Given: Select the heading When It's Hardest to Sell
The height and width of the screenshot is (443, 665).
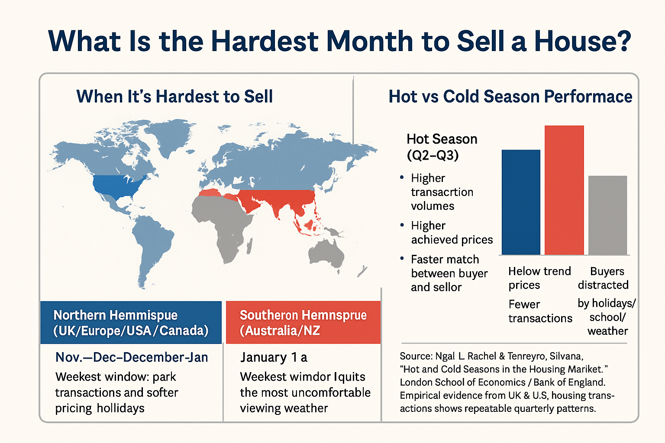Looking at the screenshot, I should [x=174, y=96].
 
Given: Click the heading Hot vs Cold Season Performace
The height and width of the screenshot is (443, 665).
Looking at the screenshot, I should [x=510, y=96].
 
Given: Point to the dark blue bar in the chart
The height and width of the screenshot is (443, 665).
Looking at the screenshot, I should [x=521, y=202].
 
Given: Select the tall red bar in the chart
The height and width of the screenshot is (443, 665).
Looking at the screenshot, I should [x=564, y=190].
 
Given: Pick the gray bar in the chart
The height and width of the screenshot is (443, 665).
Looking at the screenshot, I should [x=607, y=215].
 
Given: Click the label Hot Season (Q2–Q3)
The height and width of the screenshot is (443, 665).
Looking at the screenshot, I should [x=442, y=147].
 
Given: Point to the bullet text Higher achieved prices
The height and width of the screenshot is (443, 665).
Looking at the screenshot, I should [x=452, y=233].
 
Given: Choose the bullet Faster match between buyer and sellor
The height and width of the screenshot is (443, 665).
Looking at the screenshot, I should [x=449, y=273].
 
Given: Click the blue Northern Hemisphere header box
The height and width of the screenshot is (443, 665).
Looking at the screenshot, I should [x=131, y=323].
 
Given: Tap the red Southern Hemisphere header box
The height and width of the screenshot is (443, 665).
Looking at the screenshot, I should [x=303, y=323].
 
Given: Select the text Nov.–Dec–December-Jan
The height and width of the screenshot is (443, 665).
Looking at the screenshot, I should [x=132, y=357].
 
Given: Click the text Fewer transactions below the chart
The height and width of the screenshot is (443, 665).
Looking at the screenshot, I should [x=540, y=311].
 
